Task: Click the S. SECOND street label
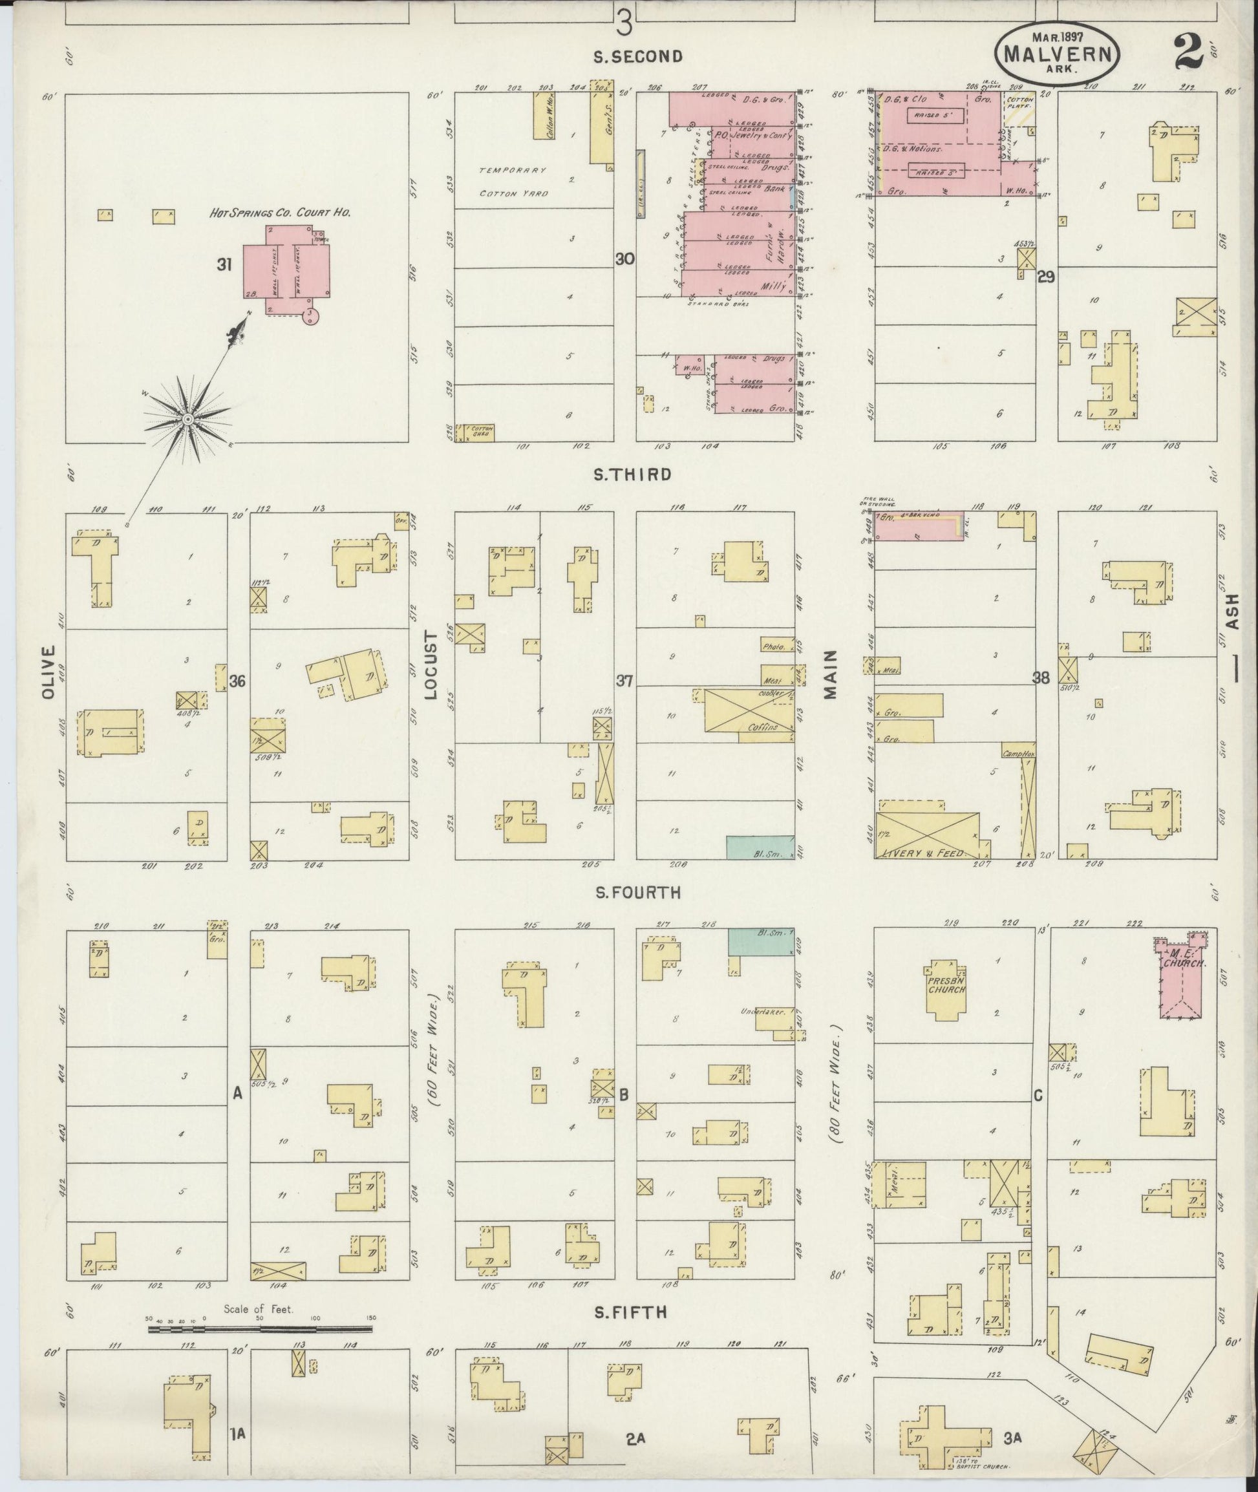(x=638, y=56)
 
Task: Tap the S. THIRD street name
(x=633, y=474)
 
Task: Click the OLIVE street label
(x=48, y=672)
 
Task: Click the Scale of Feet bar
(x=260, y=1329)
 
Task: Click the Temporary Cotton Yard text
(x=513, y=182)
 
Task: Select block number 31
(x=225, y=265)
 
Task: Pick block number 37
(x=624, y=681)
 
